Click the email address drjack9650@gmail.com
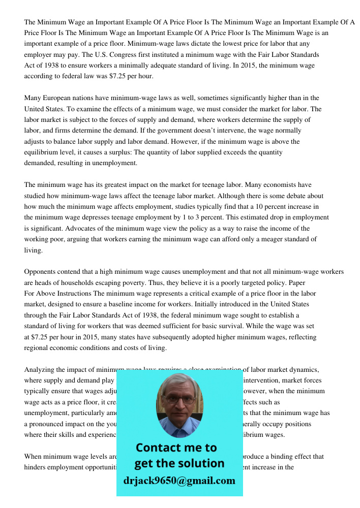pyautogui.click(x=179, y=481)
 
